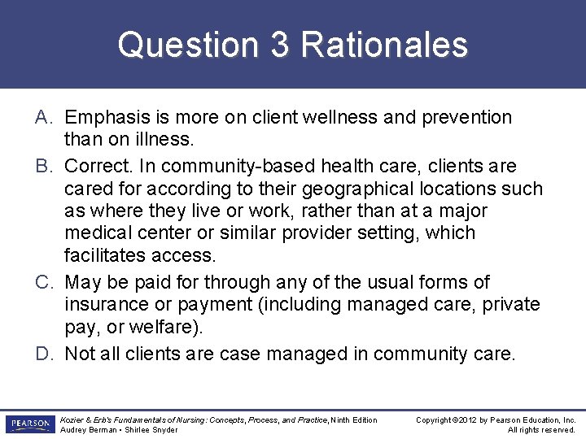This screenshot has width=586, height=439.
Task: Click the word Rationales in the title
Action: point(384,45)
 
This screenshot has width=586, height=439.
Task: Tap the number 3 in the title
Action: point(279,45)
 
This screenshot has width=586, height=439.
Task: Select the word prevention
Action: point(466,117)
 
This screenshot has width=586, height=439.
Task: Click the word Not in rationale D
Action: point(79,354)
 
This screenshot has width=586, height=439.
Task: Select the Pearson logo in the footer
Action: point(29,424)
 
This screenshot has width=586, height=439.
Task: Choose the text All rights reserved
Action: point(541,430)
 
